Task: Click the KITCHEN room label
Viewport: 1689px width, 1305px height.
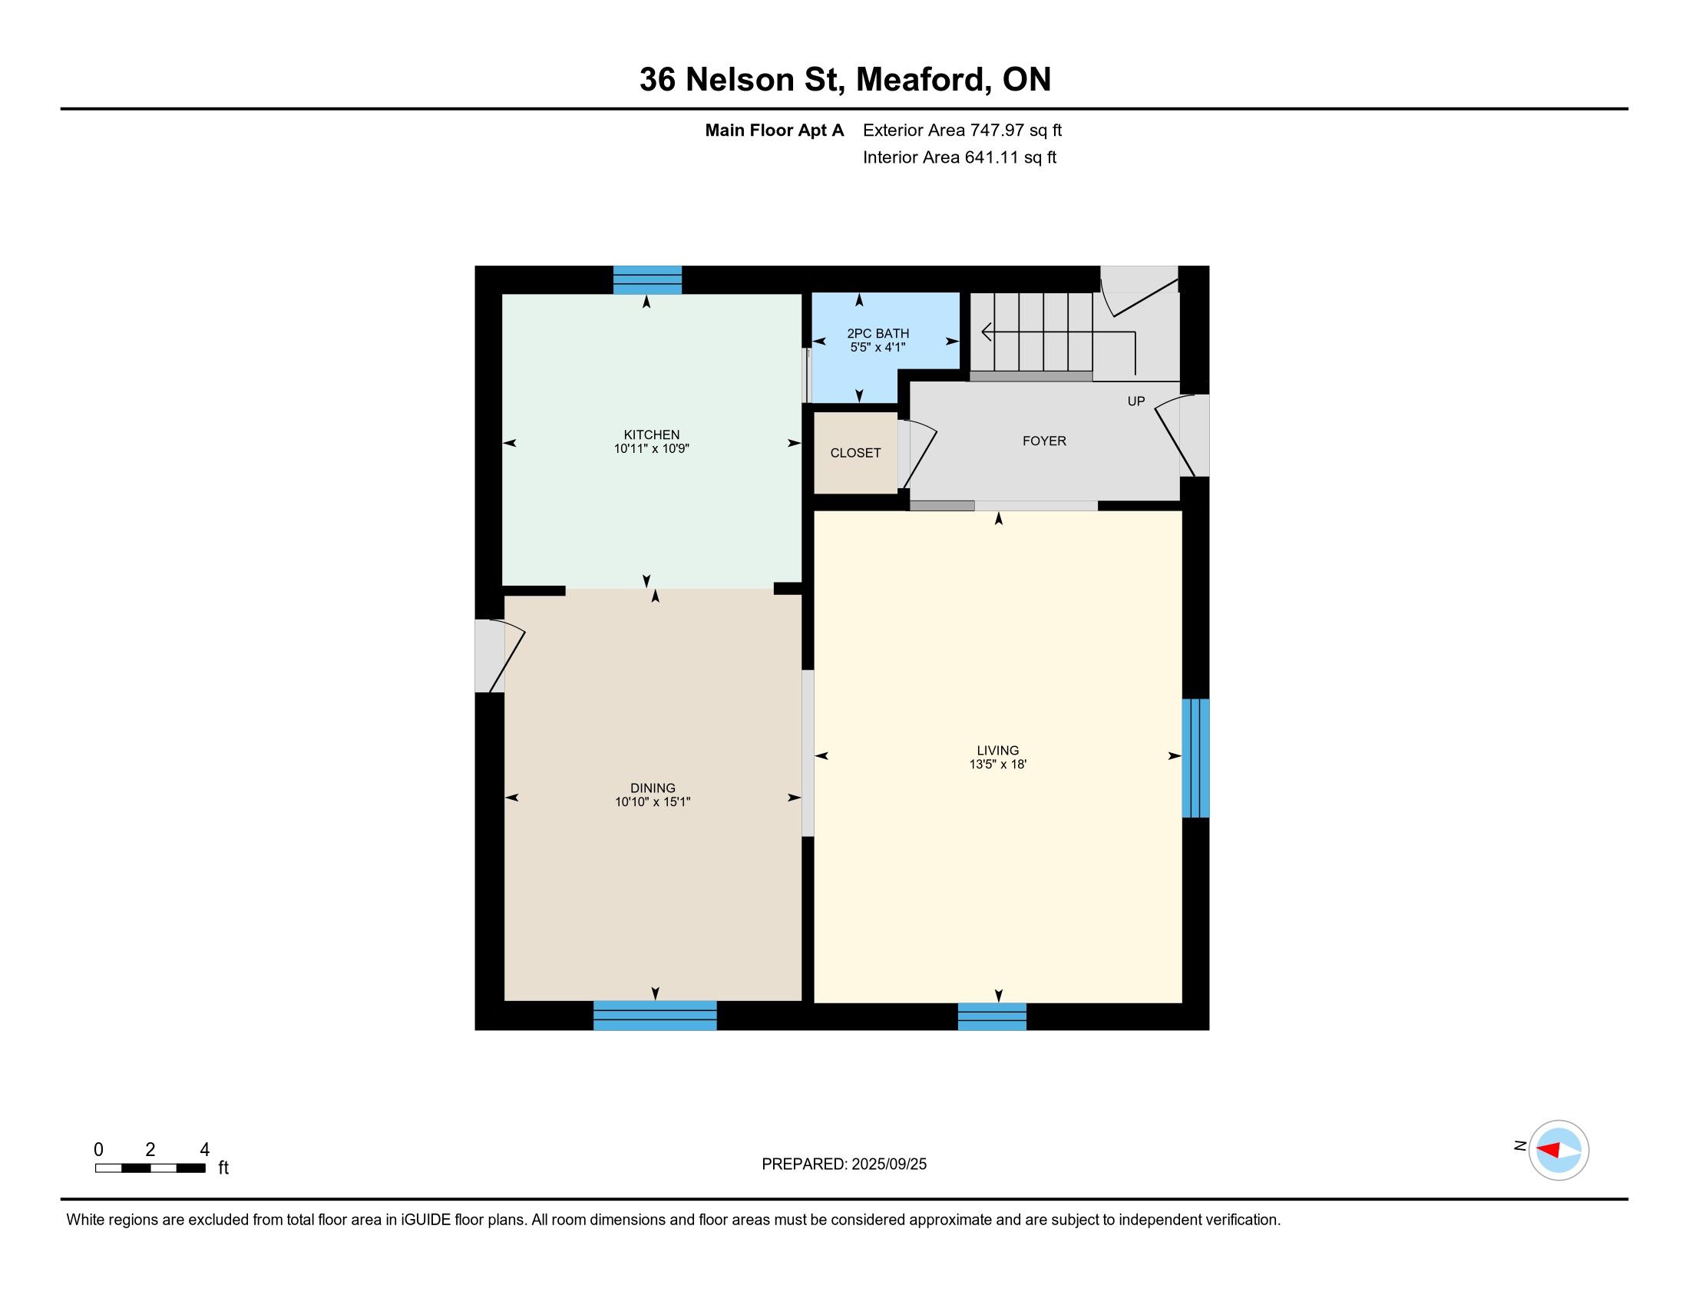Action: tap(651, 434)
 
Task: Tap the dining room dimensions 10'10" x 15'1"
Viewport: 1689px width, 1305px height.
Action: tap(653, 801)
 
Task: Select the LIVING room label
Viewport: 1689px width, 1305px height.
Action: tap(997, 750)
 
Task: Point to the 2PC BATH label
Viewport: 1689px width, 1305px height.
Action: tap(878, 333)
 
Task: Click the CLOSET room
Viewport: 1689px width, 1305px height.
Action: tap(855, 453)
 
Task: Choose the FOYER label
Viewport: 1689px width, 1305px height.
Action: tap(1044, 441)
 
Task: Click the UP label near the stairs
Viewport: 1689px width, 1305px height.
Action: tap(1136, 401)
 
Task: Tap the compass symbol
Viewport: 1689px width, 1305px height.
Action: tap(1558, 1150)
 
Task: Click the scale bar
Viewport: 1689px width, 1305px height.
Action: tap(150, 1168)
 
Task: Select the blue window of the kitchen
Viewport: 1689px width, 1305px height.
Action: tap(647, 280)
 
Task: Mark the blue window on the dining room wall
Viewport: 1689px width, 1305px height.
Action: tap(655, 1016)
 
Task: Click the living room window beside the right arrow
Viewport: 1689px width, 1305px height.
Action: tap(1195, 758)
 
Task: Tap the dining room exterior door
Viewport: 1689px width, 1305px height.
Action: tap(501, 656)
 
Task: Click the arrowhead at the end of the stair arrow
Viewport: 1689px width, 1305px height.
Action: tap(986, 332)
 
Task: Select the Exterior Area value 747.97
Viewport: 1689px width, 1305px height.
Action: tap(1001, 130)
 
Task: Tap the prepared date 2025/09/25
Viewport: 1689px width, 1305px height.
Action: tap(887, 1165)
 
